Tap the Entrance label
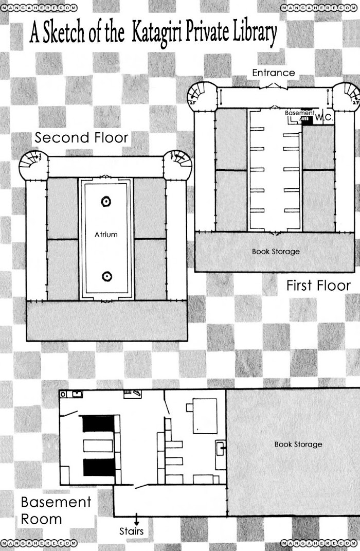coord(274,73)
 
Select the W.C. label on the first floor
coord(323,117)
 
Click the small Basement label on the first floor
coord(299,113)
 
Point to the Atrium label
coord(106,235)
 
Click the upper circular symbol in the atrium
coord(106,202)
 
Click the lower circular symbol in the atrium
coord(107,277)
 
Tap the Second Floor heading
coord(81,137)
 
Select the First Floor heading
coord(318,286)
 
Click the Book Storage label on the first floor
coord(276,252)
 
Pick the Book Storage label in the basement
coord(298,444)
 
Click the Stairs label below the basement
coord(131,531)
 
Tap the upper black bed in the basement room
coord(99,424)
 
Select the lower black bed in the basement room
coord(99,468)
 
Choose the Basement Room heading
coord(56,510)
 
